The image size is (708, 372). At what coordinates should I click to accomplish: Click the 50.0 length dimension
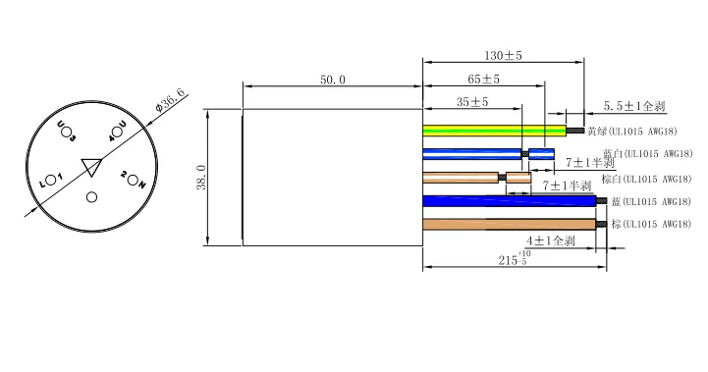coord(333,80)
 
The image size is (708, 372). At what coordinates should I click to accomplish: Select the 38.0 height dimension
coord(202,177)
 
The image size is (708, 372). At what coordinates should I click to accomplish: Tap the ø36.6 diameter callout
coord(170,101)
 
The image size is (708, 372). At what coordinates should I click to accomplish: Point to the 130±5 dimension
coord(503,56)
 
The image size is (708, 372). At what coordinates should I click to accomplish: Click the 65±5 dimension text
coord(483,80)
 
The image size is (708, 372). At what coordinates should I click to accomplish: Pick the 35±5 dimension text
coord(472,102)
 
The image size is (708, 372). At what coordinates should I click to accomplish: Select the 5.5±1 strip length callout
coord(634,106)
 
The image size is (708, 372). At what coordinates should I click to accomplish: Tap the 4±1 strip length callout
coord(551,240)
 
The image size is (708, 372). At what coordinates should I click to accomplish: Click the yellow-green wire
coord(495,131)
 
